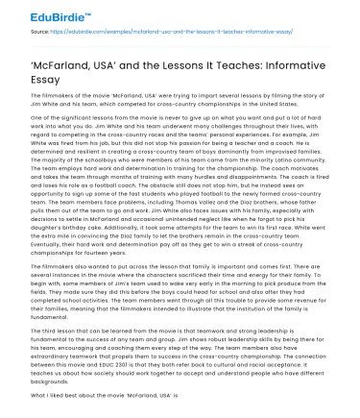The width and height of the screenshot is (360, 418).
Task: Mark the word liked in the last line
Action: click(42, 397)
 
